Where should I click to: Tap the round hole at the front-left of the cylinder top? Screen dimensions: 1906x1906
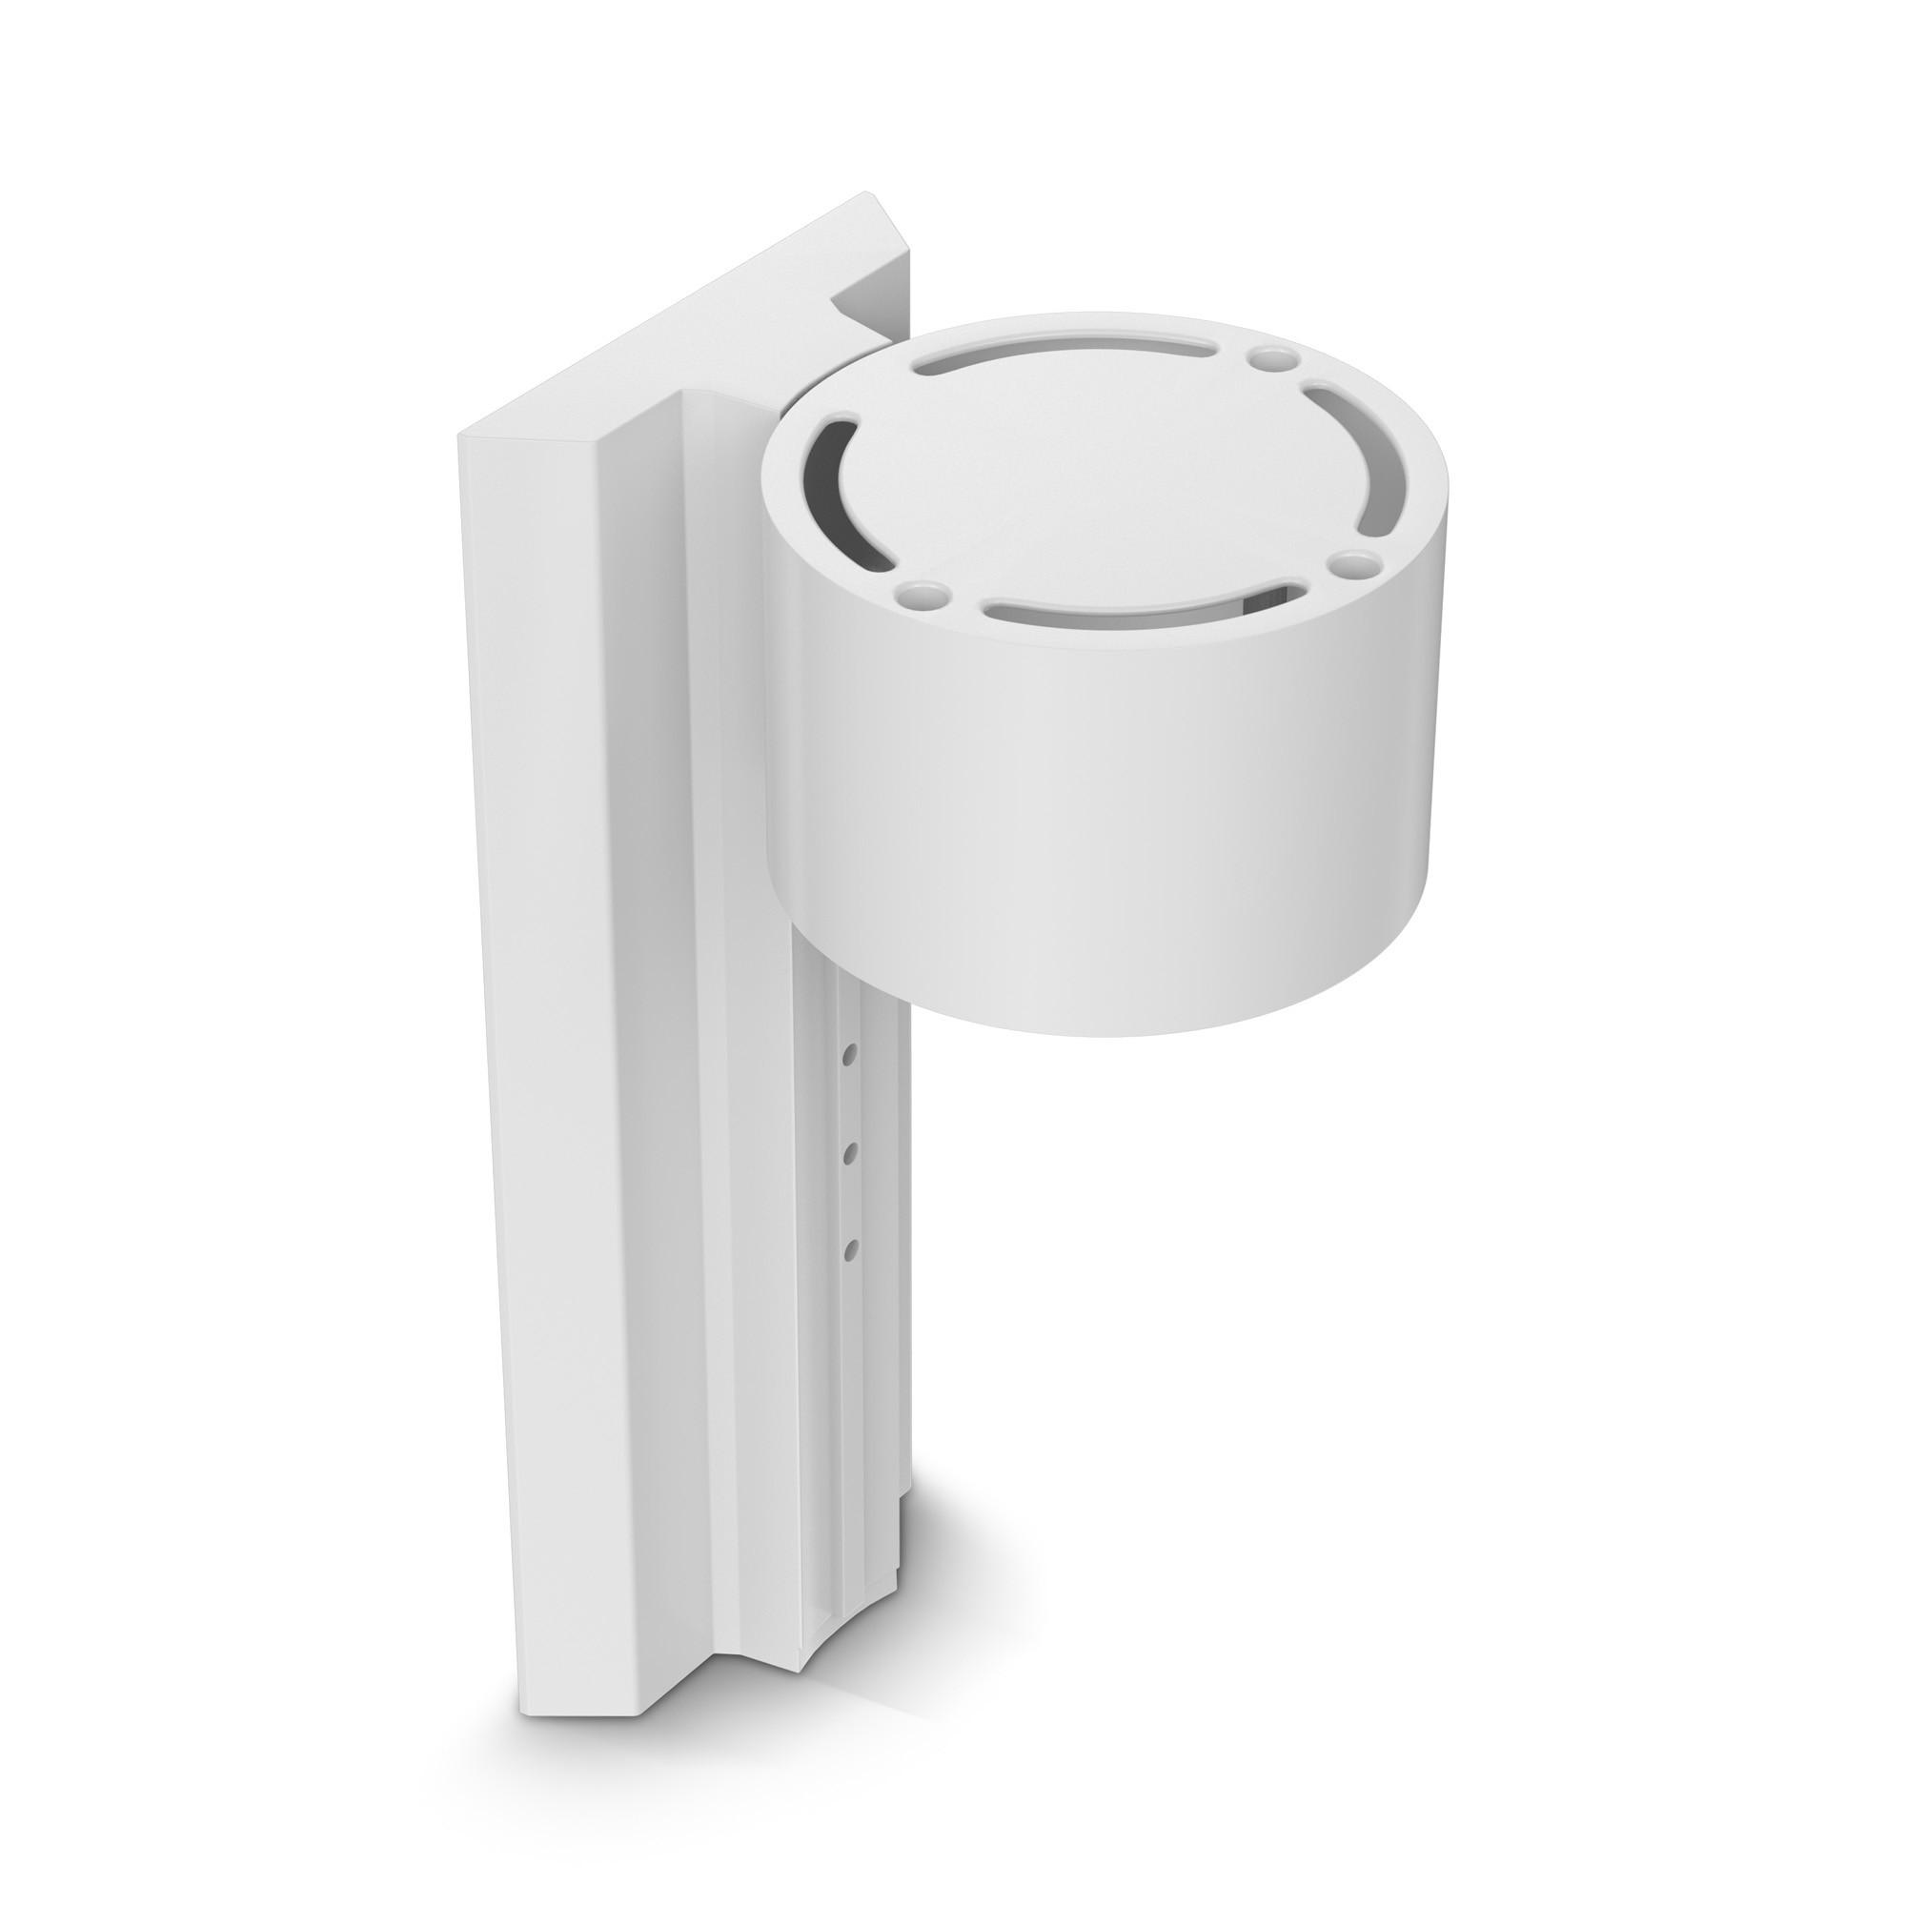tap(920, 595)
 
